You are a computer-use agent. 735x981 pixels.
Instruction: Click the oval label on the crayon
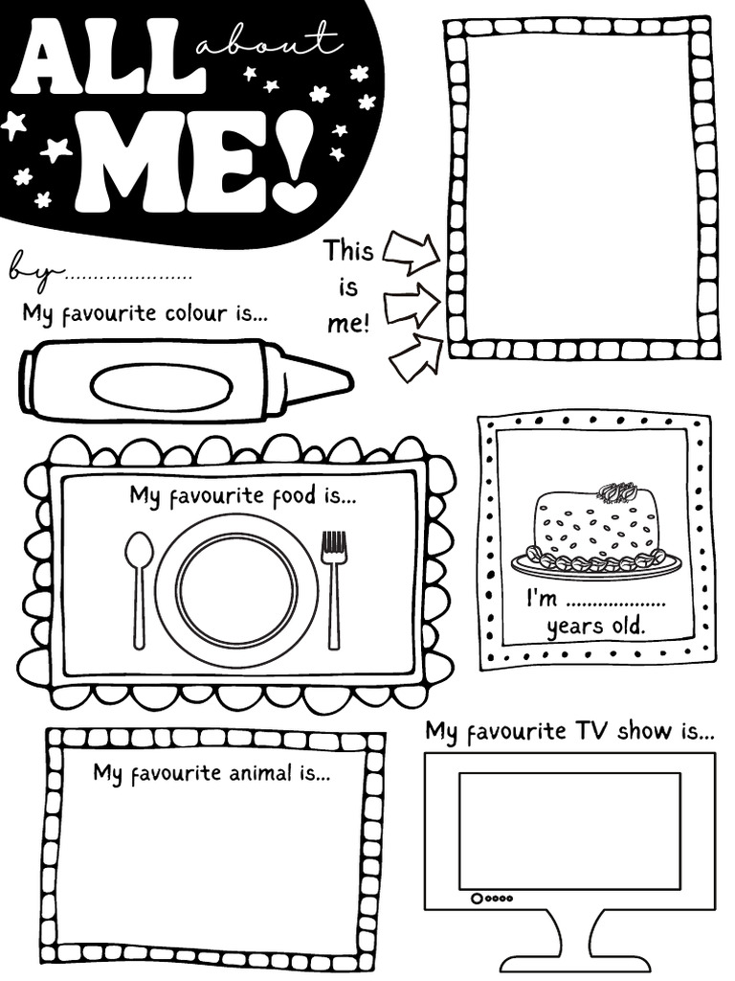point(161,386)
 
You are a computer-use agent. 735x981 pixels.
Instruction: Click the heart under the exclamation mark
point(294,194)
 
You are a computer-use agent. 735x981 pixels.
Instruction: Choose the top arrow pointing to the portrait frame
point(411,251)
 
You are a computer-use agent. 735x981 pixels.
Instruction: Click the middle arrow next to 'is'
point(412,304)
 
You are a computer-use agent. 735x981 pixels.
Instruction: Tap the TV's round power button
point(476,899)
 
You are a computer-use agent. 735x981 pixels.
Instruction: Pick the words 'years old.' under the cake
point(595,628)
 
